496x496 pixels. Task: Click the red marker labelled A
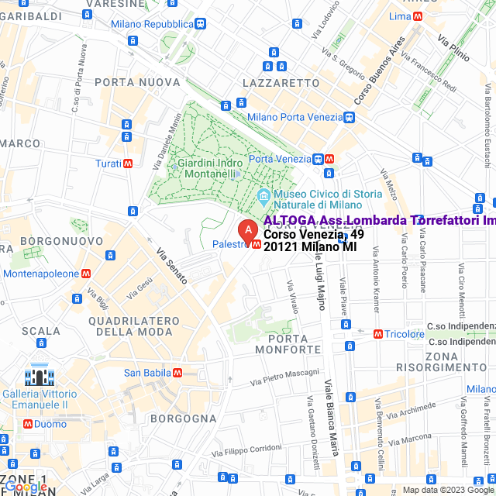pyautogui.click(x=246, y=230)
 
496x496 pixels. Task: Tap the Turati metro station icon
pyautogui.click(x=127, y=164)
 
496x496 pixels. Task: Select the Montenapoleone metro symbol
pyautogui.click(x=87, y=274)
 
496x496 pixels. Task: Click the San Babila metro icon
pyautogui.click(x=177, y=373)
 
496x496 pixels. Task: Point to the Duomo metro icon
pyautogui.click(x=28, y=424)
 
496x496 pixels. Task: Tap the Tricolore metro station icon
pyautogui.click(x=378, y=334)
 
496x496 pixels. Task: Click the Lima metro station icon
pyautogui.click(x=418, y=16)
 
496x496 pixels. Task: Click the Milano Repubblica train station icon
pyautogui.click(x=201, y=24)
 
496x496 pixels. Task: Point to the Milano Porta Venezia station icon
pyautogui.click(x=350, y=117)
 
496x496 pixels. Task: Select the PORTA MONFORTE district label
pyautogui.click(x=293, y=344)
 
